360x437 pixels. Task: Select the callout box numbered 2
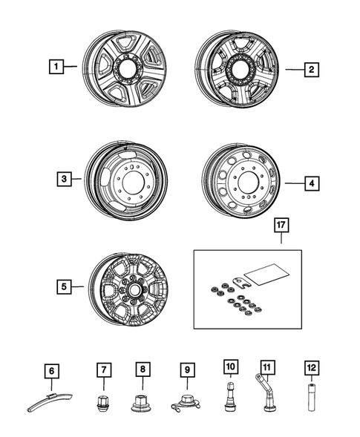[312, 69]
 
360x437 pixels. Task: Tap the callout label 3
[65, 179]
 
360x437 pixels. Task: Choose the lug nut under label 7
[104, 404]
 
